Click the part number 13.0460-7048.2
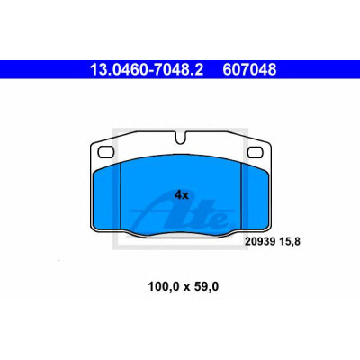point(147,70)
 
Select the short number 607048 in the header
point(249,70)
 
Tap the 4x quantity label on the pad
point(182,195)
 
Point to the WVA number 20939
point(260,241)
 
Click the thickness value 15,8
point(290,241)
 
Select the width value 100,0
point(164,287)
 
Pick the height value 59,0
point(207,287)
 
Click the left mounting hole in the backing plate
point(105,152)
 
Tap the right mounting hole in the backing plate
point(255,152)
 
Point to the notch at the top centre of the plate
point(180,139)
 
